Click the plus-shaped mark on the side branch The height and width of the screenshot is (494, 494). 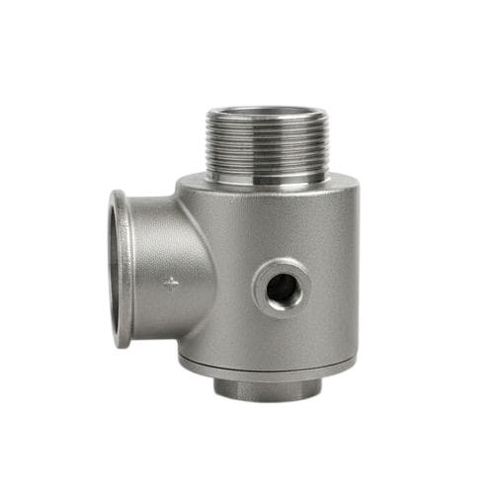pos(172,284)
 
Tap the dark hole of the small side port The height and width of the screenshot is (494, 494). pos(282,288)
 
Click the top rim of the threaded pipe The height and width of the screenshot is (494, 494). pos(267,110)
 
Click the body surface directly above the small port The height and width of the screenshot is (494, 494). pos(282,232)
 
